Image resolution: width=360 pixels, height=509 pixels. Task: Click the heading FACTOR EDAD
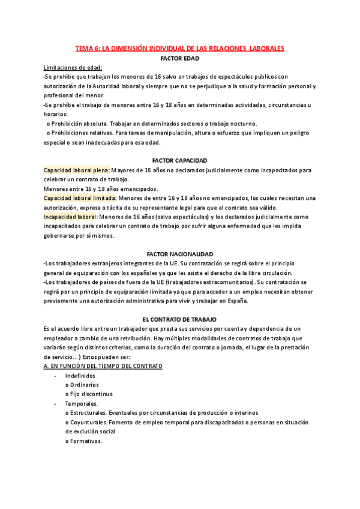[180, 58]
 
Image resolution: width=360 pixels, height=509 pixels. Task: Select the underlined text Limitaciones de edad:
[73, 67]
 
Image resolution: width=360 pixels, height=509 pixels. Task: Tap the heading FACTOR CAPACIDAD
[180, 161]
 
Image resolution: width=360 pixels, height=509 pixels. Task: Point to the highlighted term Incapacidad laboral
[70, 217]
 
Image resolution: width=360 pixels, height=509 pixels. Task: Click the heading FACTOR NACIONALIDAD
[180, 254]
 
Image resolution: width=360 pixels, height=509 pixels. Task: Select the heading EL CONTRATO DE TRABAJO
[180, 319]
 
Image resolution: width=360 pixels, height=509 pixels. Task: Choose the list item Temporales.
[78, 403]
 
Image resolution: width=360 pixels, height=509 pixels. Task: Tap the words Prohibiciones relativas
[81, 133]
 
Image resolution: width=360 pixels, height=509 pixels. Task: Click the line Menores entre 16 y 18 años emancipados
[101, 188]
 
